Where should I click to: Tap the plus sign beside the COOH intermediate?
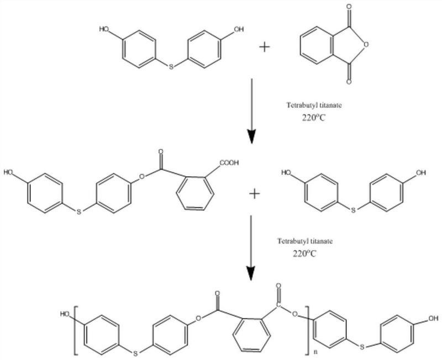(255, 194)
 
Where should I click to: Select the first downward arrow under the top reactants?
(252, 110)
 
